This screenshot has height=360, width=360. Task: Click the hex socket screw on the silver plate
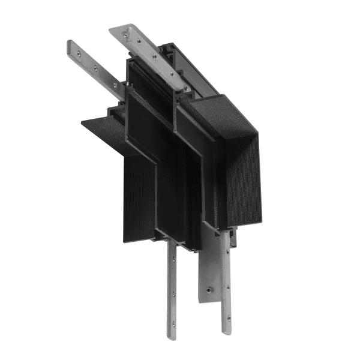click(x=208, y=290)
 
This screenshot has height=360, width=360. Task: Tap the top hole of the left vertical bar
click(x=174, y=259)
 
